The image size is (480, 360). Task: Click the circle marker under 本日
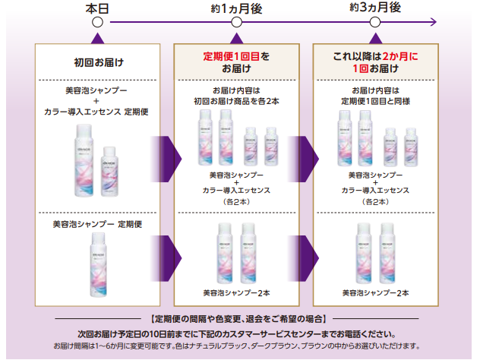(x=96, y=24)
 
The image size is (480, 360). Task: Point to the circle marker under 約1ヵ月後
(x=236, y=24)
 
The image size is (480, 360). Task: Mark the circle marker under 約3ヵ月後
(x=375, y=24)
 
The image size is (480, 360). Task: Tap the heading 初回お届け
(x=99, y=63)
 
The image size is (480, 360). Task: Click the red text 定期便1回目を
(x=236, y=56)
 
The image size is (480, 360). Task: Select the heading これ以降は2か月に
(x=375, y=56)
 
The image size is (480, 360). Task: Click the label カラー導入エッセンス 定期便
(x=99, y=112)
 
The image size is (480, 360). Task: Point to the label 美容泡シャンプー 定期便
(x=99, y=225)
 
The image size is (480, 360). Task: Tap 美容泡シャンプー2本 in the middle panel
(x=236, y=292)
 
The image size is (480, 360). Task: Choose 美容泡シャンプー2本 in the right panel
(x=375, y=292)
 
